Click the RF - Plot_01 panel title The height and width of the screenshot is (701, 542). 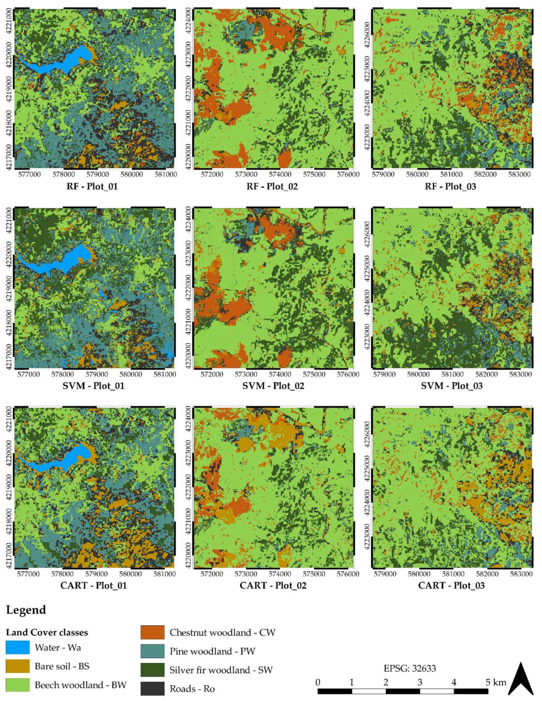click(92, 186)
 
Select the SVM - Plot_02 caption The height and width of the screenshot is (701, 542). click(273, 386)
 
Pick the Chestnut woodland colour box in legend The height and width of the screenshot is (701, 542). click(152, 632)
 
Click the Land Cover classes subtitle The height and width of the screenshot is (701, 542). click(47, 632)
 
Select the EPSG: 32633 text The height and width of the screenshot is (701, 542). click(410, 669)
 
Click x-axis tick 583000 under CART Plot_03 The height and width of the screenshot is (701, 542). click(520, 573)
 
